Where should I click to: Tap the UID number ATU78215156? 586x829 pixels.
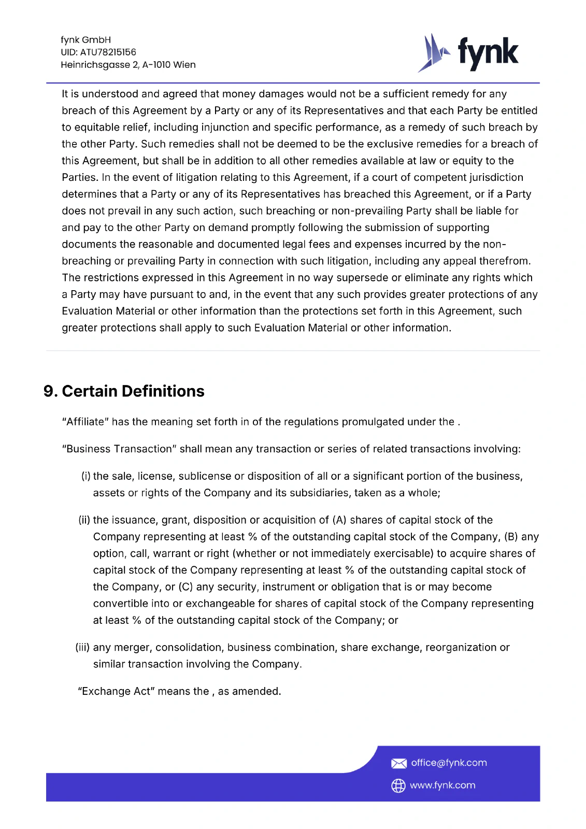[x=108, y=52]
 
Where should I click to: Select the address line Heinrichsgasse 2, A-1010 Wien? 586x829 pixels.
[x=128, y=65]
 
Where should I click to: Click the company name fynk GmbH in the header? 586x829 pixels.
[x=85, y=40]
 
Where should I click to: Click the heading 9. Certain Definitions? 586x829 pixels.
[x=124, y=391]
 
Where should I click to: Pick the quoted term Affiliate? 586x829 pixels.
[x=85, y=422]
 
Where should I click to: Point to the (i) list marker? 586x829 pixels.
[x=85, y=476]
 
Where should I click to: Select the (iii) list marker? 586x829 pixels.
[x=82, y=648]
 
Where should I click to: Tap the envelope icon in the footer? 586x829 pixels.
[x=398, y=763]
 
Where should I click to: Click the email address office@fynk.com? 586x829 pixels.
[x=449, y=763]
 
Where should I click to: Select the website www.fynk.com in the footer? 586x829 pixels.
[x=442, y=785]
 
